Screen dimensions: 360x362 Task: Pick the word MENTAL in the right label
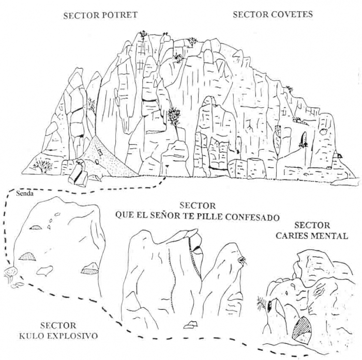[328, 237]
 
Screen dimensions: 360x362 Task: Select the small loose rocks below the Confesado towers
[190, 324]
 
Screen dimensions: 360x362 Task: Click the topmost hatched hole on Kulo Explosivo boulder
[36, 227]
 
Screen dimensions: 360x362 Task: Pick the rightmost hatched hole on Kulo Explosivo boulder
[89, 268]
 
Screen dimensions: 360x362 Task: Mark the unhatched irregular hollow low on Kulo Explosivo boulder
[45, 270]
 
